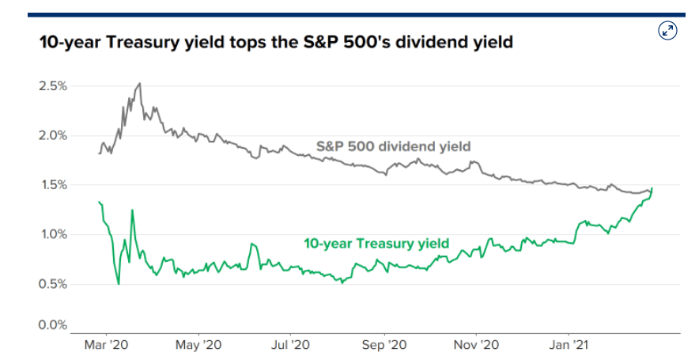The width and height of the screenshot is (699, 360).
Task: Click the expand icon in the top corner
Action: coord(667,31)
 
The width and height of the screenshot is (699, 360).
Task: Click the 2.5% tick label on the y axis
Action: coord(53,85)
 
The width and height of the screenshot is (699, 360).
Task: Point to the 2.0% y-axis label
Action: coord(53,135)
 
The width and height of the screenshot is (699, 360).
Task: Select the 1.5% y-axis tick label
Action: coord(53,185)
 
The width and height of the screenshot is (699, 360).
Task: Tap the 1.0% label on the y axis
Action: coord(53,234)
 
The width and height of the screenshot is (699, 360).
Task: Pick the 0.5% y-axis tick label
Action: coord(53,284)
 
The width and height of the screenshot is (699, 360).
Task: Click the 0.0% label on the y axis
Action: coord(53,324)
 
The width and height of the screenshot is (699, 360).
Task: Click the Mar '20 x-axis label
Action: coord(107,345)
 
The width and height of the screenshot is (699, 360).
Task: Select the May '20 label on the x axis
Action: coord(199,345)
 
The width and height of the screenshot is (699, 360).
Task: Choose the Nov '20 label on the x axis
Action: coord(477,345)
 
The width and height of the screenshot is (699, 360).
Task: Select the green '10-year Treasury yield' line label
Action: coord(376,243)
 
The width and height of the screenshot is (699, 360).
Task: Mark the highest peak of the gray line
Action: coord(140,83)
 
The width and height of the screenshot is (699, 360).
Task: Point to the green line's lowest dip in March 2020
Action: coord(119,283)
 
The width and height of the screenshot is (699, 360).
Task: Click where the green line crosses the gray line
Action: coord(652,191)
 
